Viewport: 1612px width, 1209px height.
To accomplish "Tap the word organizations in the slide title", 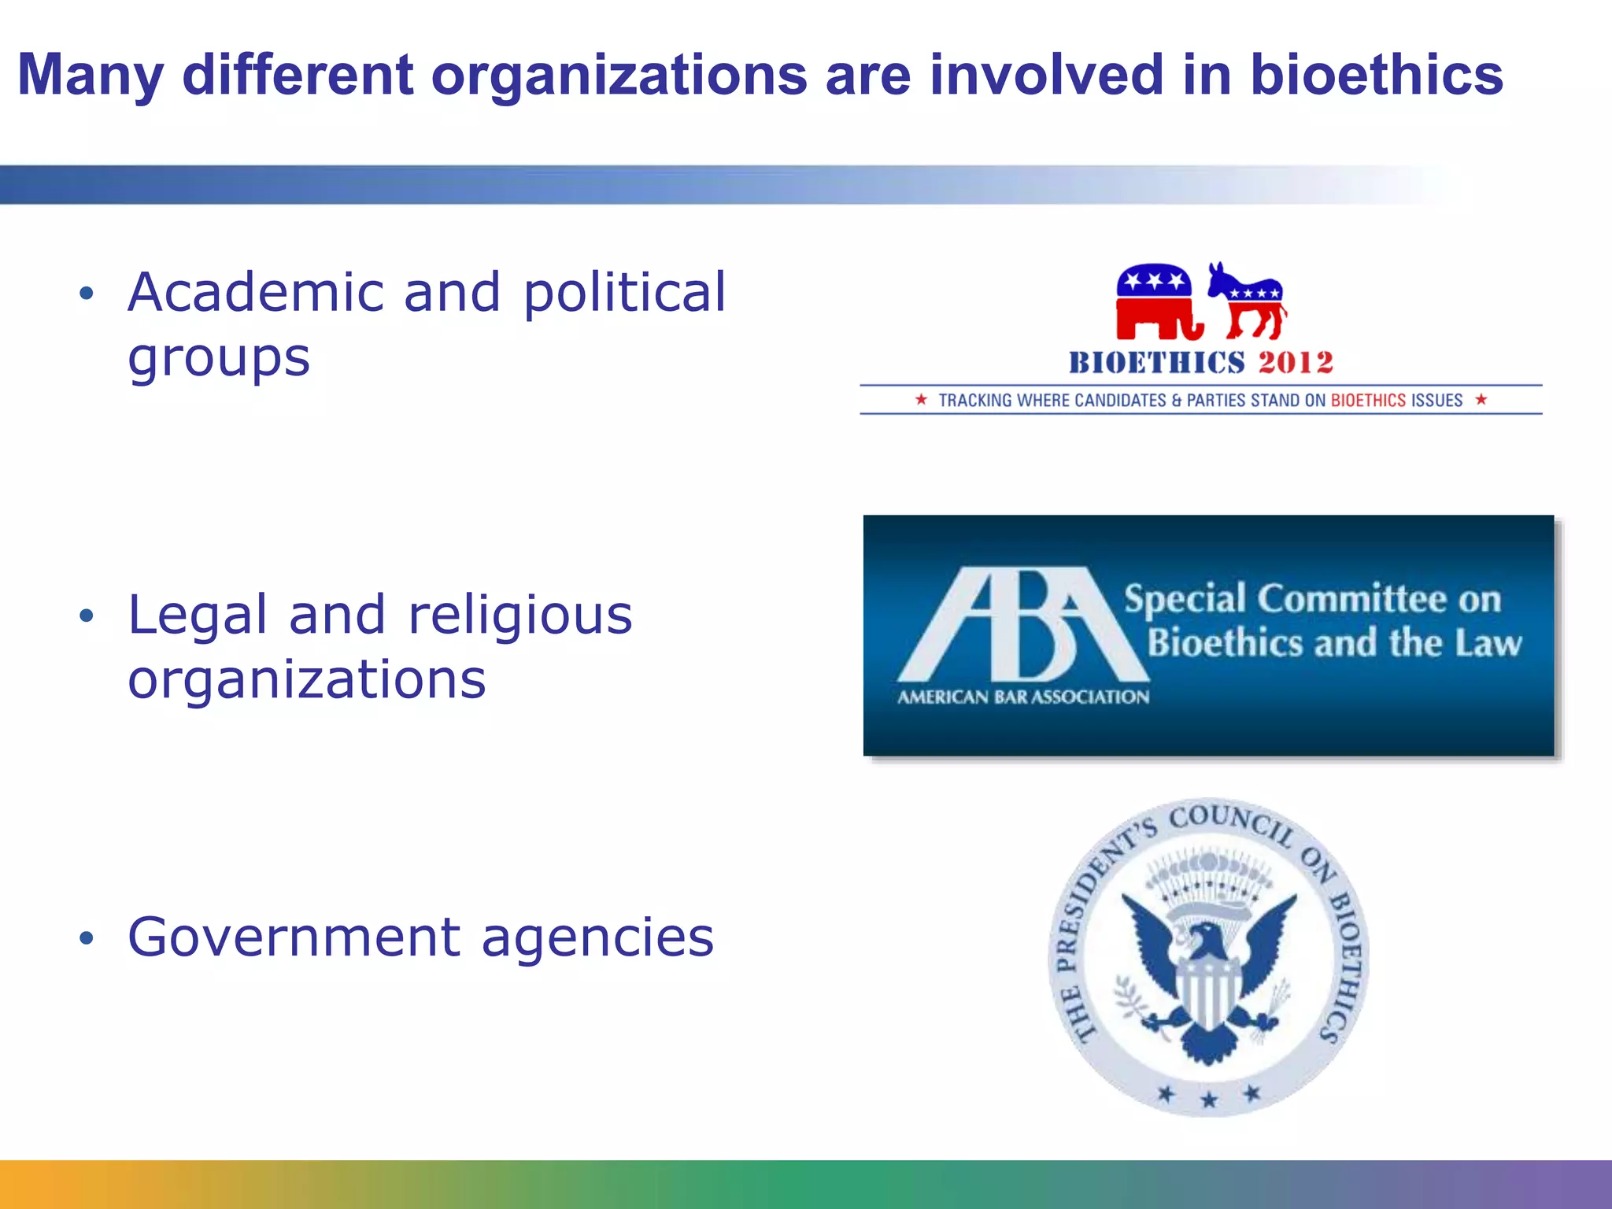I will pyautogui.click(x=619, y=76).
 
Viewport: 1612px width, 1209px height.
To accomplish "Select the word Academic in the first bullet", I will pyautogui.click(x=255, y=292).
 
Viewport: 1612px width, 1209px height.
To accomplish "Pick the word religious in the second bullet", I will pyautogui.click(x=520, y=616).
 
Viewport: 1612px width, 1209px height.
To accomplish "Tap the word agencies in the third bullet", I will pyautogui.click(x=597, y=939).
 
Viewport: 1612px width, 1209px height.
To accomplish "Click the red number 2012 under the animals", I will pyautogui.click(x=1296, y=362).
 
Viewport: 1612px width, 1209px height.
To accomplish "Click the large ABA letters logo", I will pyautogui.click(x=1023, y=625).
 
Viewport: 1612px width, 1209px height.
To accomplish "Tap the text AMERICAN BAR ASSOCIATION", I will pyautogui.click(x=1023, y=697).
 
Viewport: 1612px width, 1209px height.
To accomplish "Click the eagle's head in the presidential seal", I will pyautogui.click(x=1204, y=939).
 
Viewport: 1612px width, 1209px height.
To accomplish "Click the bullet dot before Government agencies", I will pyautogui.click(x=87, y=937).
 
